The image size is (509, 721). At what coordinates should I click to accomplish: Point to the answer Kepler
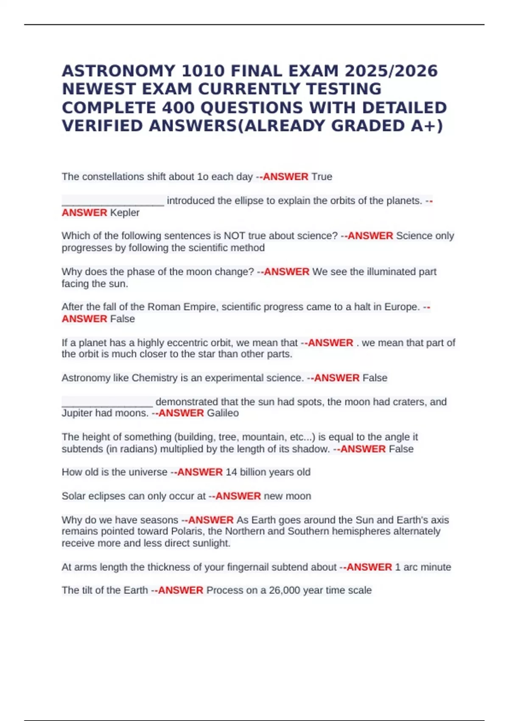pos(125,212)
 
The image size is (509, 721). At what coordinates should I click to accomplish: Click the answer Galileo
pos(223,413)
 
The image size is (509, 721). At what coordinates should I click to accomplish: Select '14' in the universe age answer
pos(231,472)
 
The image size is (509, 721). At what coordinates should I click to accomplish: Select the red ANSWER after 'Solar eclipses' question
pos(238,496)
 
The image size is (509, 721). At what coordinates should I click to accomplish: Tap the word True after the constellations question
pos(322,177)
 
